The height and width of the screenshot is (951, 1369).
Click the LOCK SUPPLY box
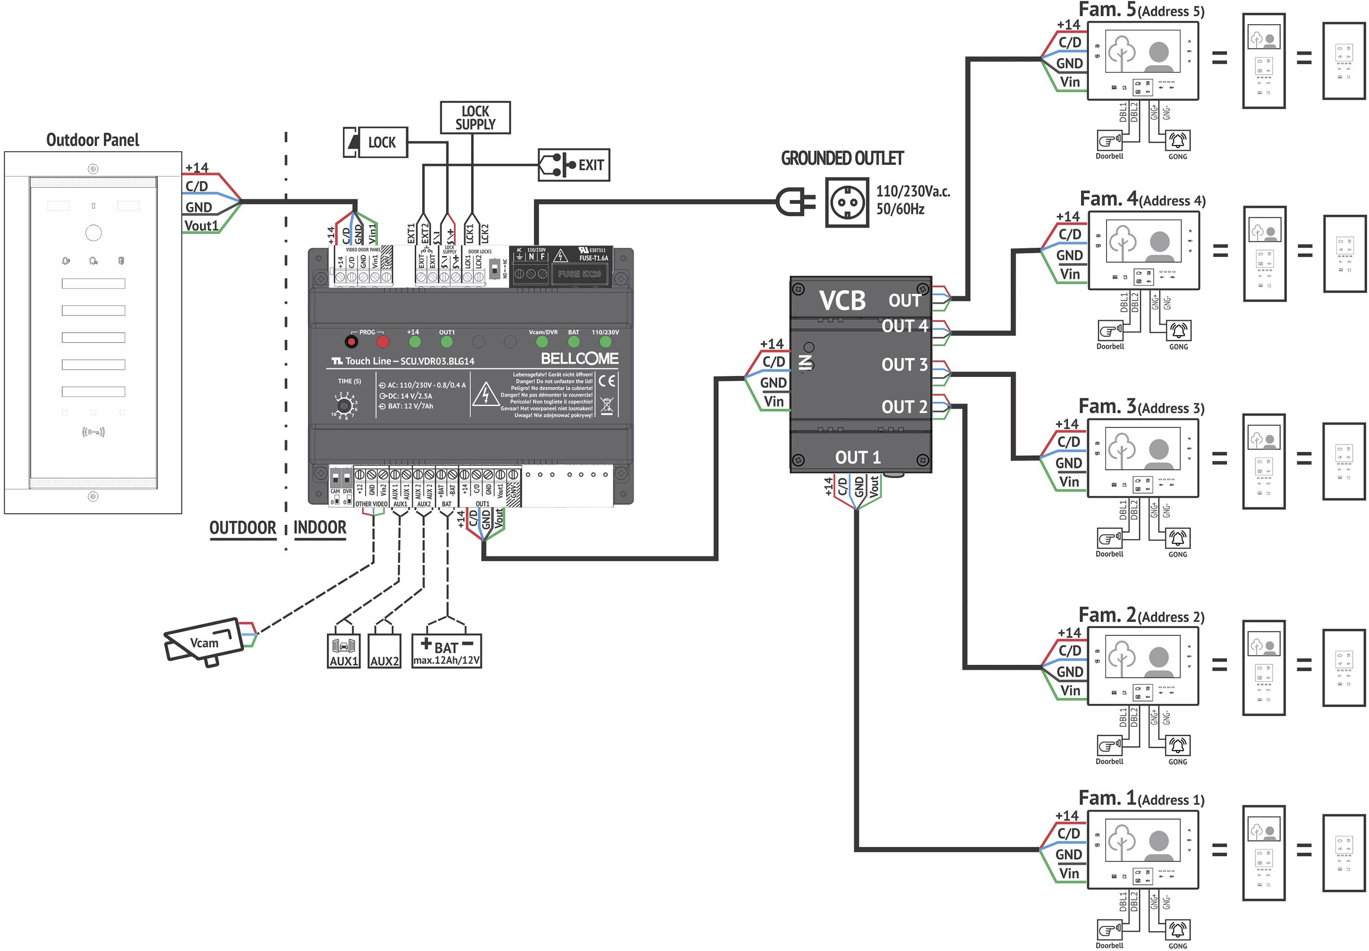point(475,117)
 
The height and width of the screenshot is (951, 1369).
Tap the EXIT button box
point(573,165)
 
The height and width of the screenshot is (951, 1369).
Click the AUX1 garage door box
point(344,651)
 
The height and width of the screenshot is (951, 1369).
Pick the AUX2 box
point(384,651)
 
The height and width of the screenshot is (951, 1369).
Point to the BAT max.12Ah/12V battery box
point(446,651)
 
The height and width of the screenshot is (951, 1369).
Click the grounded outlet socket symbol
point(847,203)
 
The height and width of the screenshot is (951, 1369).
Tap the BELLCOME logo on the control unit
point(579,359)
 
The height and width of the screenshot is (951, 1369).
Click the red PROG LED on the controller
point(383,342)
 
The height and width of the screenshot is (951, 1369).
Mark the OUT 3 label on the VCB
point(904,365)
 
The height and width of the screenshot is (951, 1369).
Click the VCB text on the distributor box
point(841,300)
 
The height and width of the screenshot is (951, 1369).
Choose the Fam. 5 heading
point(1107,10)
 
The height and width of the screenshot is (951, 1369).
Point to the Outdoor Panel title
point(93,140)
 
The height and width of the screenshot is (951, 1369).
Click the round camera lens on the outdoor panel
point(94,233)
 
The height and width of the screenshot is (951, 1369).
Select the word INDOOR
point(320,528)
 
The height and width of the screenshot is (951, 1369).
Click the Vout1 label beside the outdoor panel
point(201,226)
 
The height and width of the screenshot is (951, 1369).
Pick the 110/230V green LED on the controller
point(605,342)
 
